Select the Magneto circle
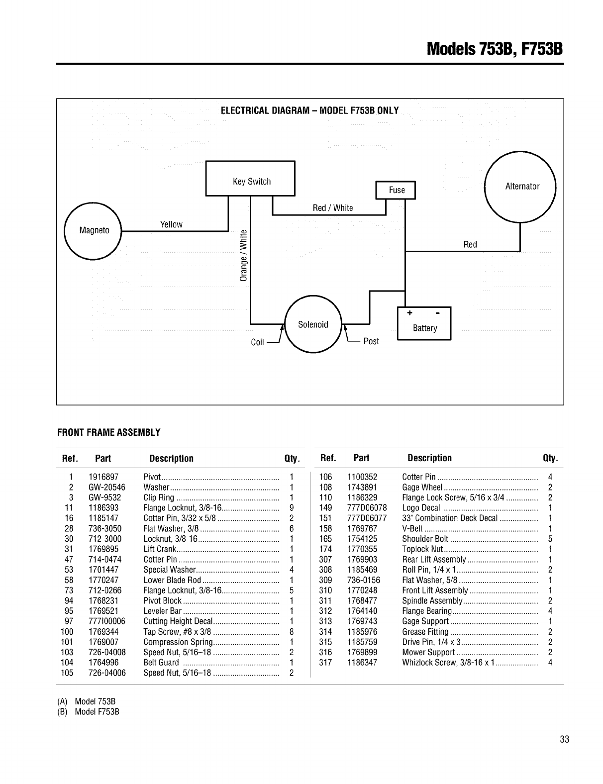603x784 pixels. coord(93,231)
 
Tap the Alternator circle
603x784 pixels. coord(520,187)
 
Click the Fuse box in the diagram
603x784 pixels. coord(396,190)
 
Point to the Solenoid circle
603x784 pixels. coord(313,324)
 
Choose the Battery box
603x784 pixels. coord(424,324)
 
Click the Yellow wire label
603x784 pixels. coord(171,224)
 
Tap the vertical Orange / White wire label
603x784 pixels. coord(243,255)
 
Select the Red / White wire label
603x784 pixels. coord(333,208)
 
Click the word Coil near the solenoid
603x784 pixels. coord(257,342)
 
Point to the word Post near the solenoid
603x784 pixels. coord(371,341)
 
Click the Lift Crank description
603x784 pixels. coord(160,549)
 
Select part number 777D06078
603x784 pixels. coord(367,508)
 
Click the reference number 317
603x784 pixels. coord(325,663)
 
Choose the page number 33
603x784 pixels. coord(564,739)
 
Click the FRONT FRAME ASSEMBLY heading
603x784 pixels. coord(109,432)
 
